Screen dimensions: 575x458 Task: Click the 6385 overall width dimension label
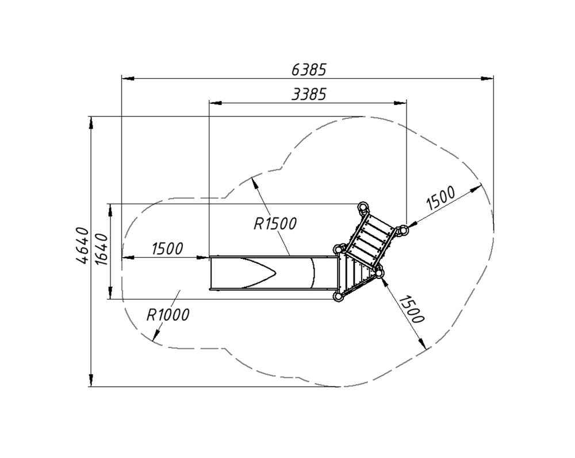pos(309,69)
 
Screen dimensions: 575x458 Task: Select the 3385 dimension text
pos(309,95)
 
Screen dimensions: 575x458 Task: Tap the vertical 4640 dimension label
pos(82,245)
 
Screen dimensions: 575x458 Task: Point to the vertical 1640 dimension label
pos(102,249)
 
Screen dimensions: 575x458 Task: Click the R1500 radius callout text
pos(275,224)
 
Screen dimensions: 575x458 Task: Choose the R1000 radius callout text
pos(168,315)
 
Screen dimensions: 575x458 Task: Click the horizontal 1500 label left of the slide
pos(167,249)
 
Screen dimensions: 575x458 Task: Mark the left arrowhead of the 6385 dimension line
pos(128,79)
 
